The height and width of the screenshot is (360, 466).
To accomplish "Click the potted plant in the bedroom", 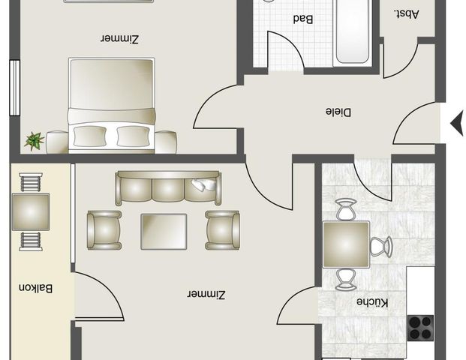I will point(34,140).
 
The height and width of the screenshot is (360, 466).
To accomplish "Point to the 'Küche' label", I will point(371,302).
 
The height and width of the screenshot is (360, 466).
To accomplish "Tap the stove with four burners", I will point(420,328).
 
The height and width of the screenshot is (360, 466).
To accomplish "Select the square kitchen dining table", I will point(346,244).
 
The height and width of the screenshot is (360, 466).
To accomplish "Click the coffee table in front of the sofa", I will point(164,230).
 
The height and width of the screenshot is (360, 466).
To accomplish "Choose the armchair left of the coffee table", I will point(104,229).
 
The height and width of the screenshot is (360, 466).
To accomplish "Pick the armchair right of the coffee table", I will point(223,229).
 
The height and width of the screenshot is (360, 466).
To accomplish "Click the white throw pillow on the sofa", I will point(203,185).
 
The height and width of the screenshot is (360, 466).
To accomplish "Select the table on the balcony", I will point(31,211).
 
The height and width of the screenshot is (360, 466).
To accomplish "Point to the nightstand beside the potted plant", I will point(57,142).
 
